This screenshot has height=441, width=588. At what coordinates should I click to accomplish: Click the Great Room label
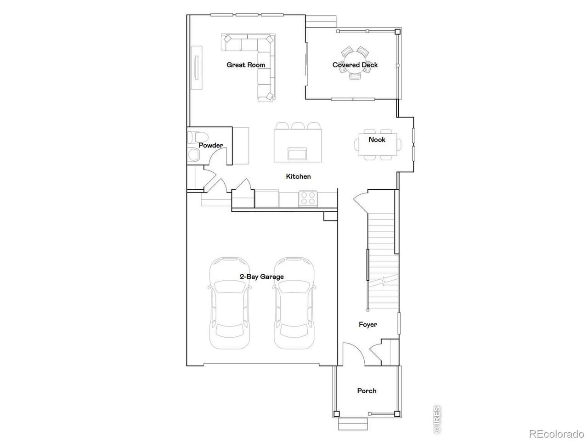click(x=245, y=65)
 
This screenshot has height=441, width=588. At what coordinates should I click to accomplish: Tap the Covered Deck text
click(x=355, y=65)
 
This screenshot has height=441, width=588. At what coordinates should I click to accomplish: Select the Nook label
click(x=377, y=140)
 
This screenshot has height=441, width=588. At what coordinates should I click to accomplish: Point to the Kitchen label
click(x=298, y=176)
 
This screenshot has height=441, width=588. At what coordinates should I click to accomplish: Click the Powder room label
click(x=210, y=146)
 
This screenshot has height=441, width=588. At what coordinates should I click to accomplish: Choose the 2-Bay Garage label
click(x=262, y=277)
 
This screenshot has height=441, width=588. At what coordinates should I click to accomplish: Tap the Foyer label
click(x=368, y=324)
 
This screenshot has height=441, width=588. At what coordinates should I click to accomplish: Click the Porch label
click(x=367, y=391)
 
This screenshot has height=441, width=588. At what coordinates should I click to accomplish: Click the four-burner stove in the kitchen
click(x=308, y=198)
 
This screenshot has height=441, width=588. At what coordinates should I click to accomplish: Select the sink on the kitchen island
click(x=297, y=153)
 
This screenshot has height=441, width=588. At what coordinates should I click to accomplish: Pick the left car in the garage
click(x=230, y=303)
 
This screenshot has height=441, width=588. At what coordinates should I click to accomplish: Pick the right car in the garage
click(x=294, y=303)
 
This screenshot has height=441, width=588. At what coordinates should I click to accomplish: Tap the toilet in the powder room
click(x=194, y=137)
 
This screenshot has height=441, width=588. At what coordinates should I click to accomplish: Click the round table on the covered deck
click(x=355, y=62)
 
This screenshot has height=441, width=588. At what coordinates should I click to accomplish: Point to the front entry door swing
click(x=354, y=354)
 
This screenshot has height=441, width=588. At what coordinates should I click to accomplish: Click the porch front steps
click(x=353, y=424)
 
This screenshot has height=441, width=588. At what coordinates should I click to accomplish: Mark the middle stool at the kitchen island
click(x=297, y=125)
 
